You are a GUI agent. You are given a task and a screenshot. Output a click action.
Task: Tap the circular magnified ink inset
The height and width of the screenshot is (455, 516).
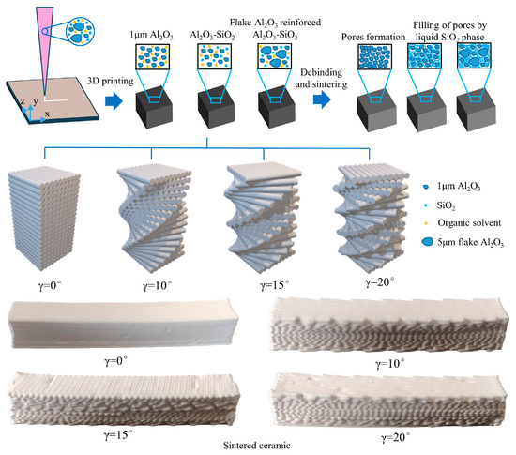point(80,31)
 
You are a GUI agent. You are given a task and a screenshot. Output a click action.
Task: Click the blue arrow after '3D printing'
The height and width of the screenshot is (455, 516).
point(114,101)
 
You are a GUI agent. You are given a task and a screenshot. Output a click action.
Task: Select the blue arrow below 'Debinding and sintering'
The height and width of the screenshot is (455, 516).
point(322,99)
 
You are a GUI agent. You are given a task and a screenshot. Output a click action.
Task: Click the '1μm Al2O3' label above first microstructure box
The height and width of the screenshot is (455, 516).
point(151,36)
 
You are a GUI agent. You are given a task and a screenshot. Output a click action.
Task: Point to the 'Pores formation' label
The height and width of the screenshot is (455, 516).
point(373,37)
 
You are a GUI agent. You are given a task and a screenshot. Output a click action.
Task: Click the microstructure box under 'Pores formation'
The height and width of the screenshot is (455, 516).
point(375,56)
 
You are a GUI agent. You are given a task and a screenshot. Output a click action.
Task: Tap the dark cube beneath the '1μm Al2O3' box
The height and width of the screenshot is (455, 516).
point(154,103)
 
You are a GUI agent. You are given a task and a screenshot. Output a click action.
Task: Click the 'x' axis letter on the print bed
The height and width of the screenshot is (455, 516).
point(48,114)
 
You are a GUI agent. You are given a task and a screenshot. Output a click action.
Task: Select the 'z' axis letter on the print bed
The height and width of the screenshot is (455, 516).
point(23,101)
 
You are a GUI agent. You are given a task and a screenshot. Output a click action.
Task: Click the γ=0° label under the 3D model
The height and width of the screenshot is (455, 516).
point(50,285)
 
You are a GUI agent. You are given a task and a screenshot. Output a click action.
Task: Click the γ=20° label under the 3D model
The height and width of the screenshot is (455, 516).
point(380,282)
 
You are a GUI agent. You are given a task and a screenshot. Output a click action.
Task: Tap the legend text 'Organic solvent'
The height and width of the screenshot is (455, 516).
point(469,223)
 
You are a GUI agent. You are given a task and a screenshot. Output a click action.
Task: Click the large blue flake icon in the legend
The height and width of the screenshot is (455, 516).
point(427,242)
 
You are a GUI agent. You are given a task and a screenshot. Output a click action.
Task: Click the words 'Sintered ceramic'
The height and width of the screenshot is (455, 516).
point(257,446)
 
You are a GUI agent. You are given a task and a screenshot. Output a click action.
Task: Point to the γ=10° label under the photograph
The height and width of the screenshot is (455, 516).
point(390,364)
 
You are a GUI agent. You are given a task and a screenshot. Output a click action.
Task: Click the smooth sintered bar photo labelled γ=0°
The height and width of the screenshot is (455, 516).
point(125,324)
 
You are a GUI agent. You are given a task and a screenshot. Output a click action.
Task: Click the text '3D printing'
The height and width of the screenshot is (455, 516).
point(111,81)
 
